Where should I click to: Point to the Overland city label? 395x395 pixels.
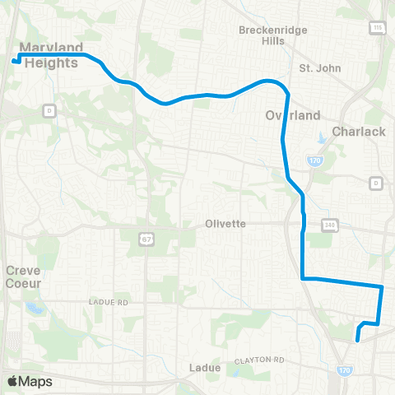(286, 117)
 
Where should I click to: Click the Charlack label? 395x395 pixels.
(358, 131)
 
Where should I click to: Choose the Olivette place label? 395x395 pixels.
(226, 223)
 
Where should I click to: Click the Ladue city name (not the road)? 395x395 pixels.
(205, 368)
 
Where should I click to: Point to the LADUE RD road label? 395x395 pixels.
(110, 303)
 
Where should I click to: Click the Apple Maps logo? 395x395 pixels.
(30, 381)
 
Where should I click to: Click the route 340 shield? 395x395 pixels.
(330, 224)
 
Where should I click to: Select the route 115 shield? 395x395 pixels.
(378, 28)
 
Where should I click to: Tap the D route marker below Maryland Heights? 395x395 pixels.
(49, 109)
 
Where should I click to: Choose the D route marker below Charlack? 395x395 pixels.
(376, 182)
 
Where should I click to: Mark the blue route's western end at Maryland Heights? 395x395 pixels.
(14, 60)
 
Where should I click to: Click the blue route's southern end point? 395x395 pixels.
(357, 339)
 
